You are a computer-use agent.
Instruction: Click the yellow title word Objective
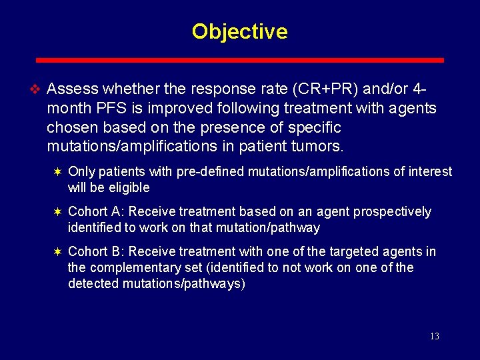point(239,31)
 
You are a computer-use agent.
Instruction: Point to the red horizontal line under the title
point(239,60)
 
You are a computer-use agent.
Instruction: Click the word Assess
point(73,89)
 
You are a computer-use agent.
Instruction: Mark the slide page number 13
point(434,337)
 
